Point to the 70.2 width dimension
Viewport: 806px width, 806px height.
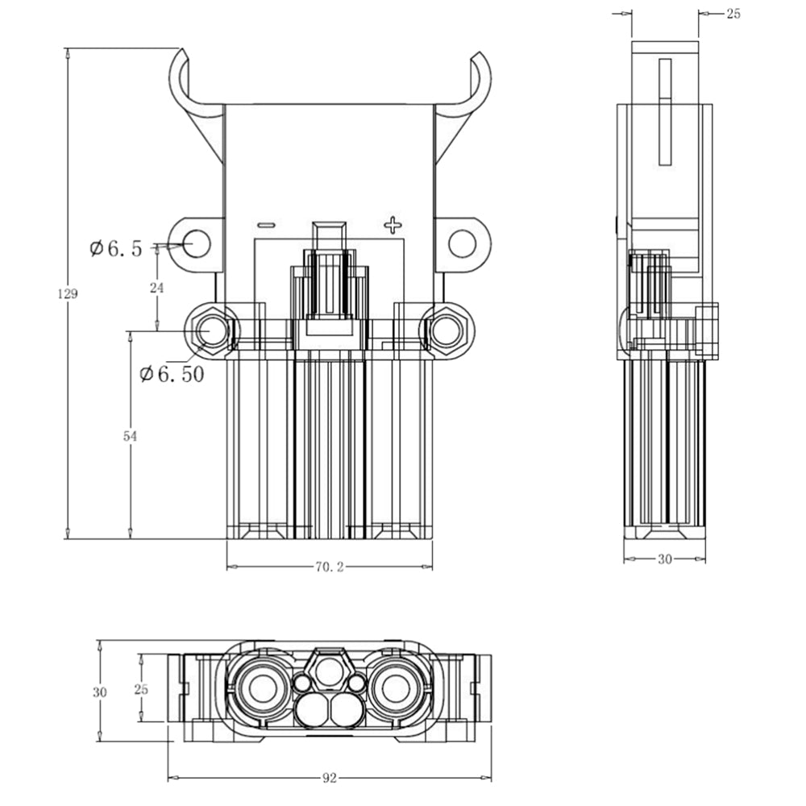point(329,567)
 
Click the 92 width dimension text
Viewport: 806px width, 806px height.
point(329,778)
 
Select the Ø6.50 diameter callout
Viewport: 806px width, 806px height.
point(171,374)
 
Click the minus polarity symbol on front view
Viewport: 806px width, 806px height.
point(266,225)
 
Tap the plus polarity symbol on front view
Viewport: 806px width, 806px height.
point(392,224)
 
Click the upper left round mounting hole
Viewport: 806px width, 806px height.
point(196,243)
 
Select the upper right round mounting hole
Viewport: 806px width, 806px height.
point(462,243)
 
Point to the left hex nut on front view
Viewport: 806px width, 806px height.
point(210,331)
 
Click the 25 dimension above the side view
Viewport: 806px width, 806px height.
point(733,14)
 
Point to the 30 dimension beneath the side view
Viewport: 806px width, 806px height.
point(664,559)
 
